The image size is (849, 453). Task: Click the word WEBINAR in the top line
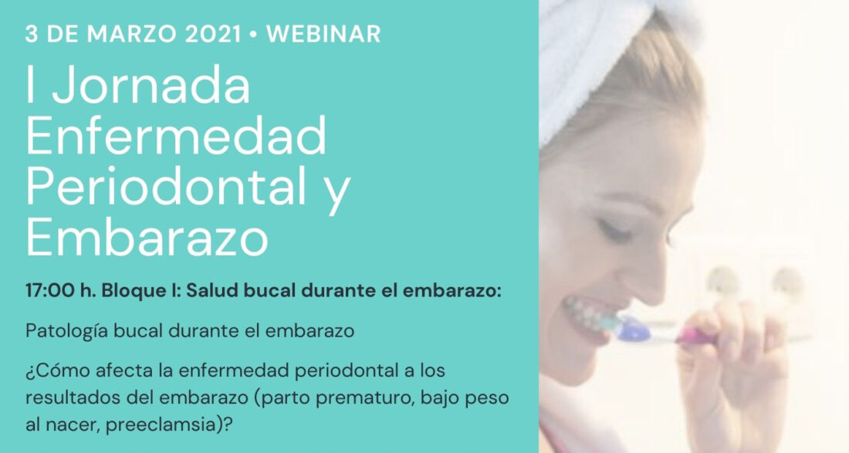click(x=324, y=34)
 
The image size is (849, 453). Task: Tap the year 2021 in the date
click(x=213, y=34)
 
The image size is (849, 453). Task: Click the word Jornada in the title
click(x=151, y=86)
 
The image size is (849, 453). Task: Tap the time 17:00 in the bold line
click(x=50, y=291)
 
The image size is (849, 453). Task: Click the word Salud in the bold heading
click(x=212, y=291)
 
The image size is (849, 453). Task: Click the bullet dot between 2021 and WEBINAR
click(x=253, y=35)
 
